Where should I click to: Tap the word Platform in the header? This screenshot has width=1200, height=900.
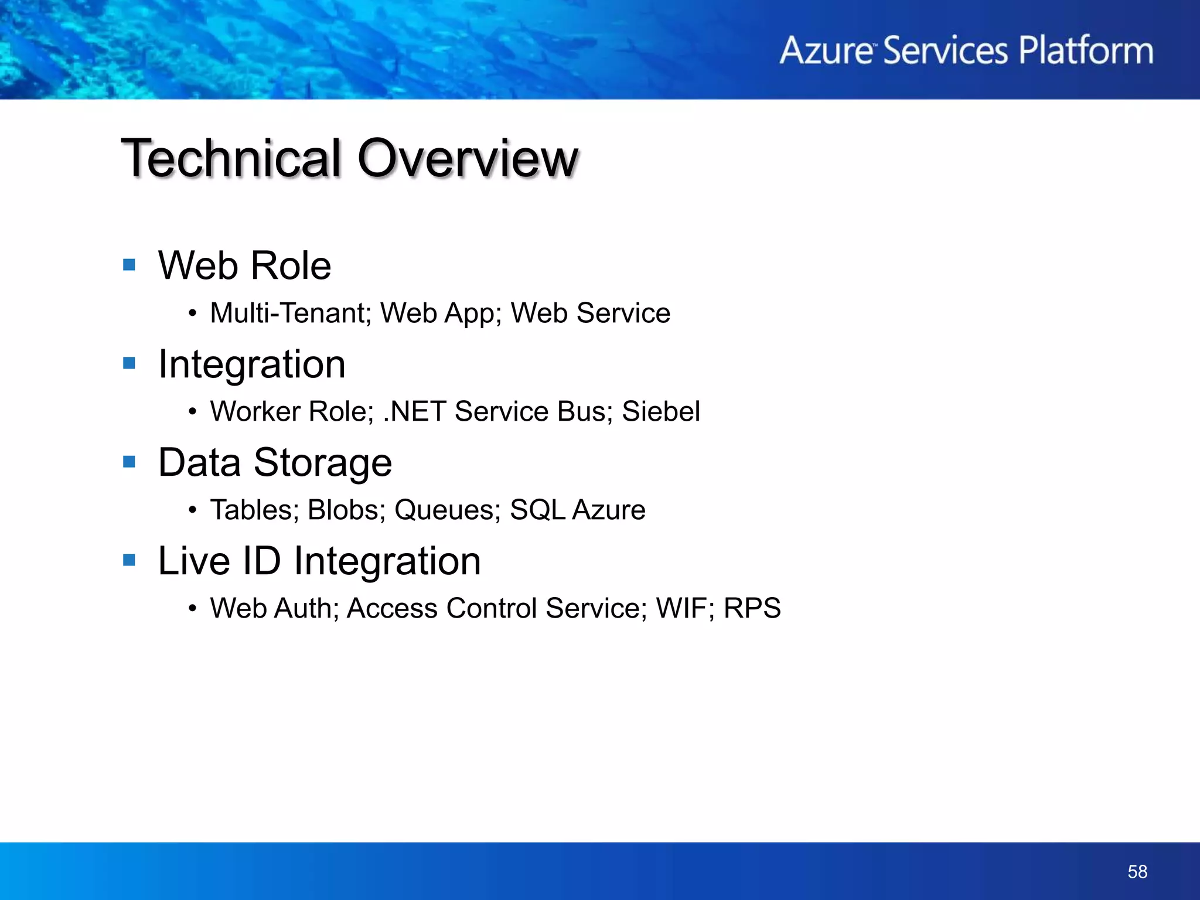[x=1086, y=51]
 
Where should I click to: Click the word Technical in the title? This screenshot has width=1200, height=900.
[x=231, y=158]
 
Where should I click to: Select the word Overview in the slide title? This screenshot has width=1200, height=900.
[x=468, y=158]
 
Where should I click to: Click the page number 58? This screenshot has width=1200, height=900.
[x=1137, y=872]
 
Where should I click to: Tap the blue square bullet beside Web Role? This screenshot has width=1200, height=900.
[x=129, y=265]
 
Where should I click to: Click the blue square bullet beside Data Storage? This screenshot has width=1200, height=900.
[x=129, y=462]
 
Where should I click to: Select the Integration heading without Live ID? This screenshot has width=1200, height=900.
[x=252, y=364]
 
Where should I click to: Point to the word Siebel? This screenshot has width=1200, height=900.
[x=660, y=411]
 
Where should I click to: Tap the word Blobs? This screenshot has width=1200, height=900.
[x=345, y=510]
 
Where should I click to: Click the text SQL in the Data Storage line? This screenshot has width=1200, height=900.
[x=537, y=510]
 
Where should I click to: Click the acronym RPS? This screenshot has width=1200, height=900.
[x=752, y=608]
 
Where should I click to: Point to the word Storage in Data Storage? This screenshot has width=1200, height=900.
[x=322, y=463]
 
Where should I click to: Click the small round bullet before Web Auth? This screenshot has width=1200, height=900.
[x=192, y=609]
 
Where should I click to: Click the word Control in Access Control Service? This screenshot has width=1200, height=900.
[x=491, y=608]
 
